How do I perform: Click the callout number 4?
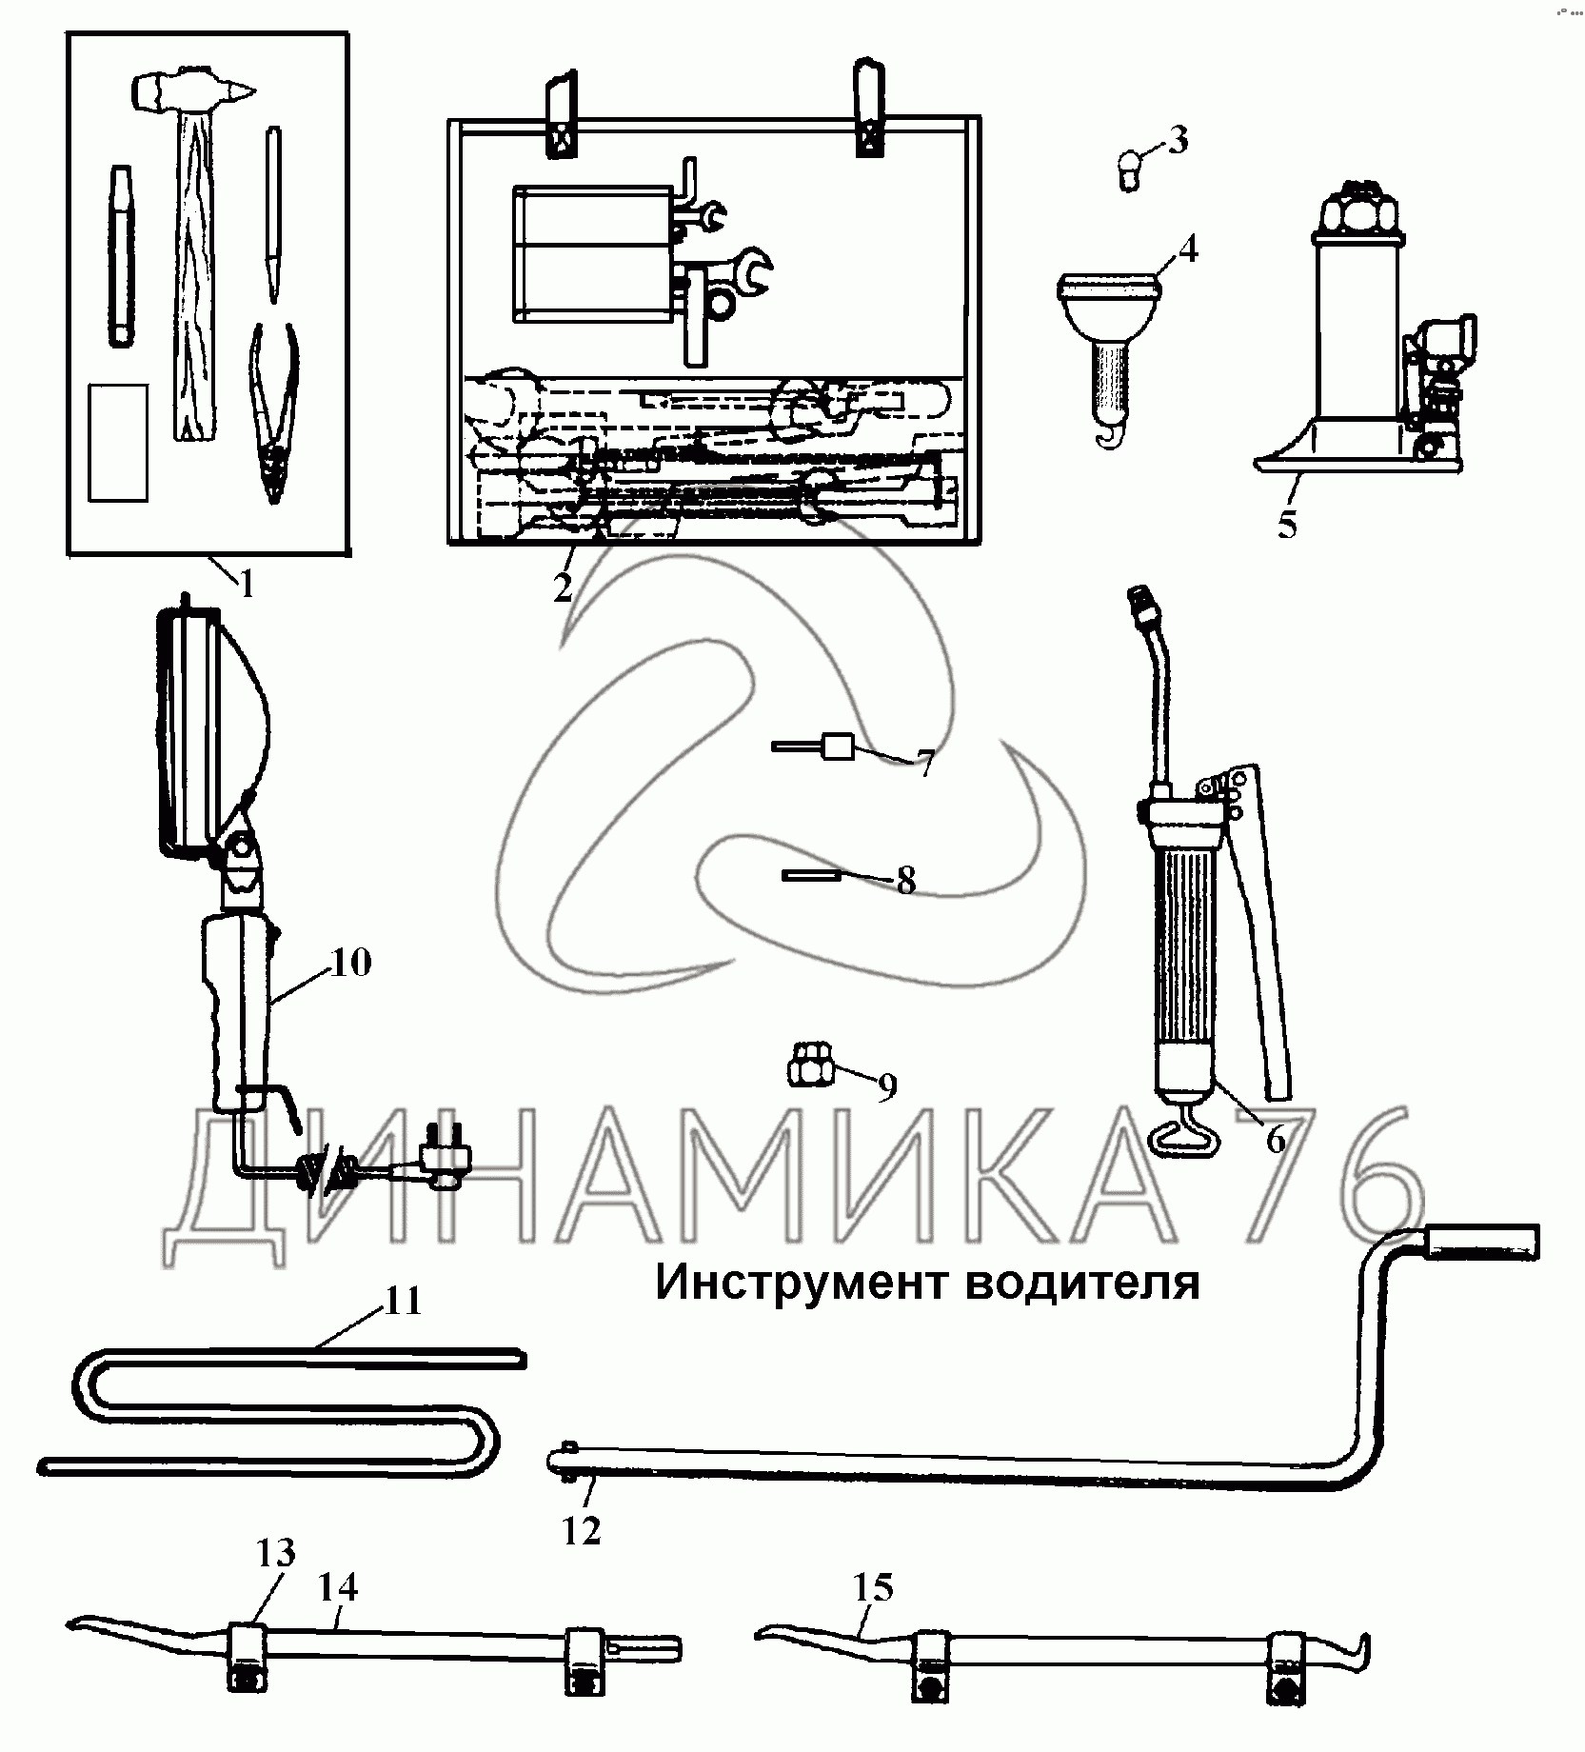coord(1186,249)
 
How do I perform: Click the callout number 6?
coord(1276,1138)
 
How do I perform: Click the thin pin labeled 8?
coord(811,875)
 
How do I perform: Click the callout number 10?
coord(349,962)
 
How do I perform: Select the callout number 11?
coord(402,1301)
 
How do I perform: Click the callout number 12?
coord(582,1530)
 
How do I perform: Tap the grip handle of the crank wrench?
coord(1480,1241)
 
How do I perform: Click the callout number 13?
coord(275,1553)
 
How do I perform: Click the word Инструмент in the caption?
coord(803,1282)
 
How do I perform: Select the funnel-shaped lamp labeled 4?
coord(1110,324)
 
